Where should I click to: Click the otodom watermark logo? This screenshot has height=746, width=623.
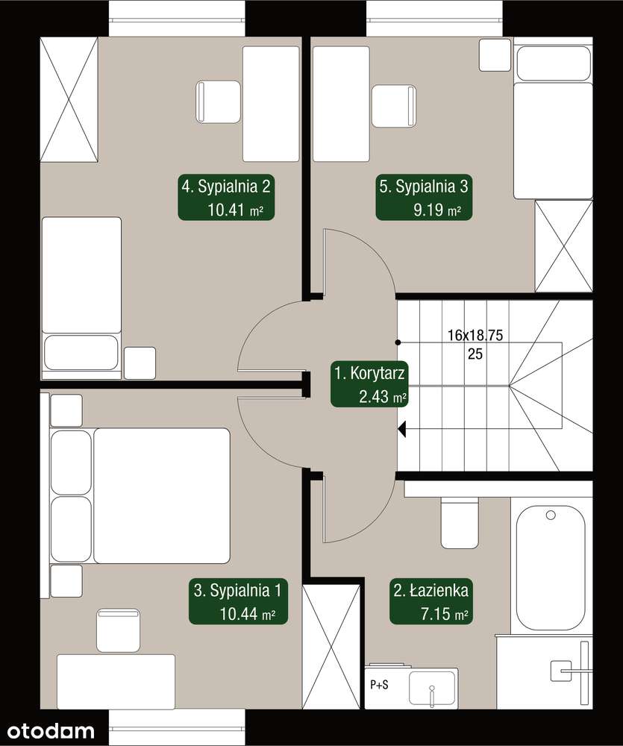coord(51,731)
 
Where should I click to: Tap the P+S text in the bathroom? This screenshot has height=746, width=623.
coord(379,685)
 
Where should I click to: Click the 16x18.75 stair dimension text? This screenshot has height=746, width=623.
coord(475,335)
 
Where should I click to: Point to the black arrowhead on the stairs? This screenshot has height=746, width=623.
coord(401,429)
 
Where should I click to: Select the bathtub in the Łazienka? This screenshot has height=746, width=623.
coord(551,568)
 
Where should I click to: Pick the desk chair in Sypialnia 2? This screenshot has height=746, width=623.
coord(218,101)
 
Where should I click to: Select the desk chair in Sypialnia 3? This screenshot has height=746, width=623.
coord(394,106)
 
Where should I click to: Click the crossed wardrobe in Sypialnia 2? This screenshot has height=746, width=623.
coord(69,99)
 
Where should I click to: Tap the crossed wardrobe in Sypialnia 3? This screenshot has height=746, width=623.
coord(564,246)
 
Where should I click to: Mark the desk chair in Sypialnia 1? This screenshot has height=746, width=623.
coord(118,630)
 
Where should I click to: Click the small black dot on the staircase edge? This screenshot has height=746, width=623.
coord(398,342)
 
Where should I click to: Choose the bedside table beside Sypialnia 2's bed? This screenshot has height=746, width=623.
coord(140,363)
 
